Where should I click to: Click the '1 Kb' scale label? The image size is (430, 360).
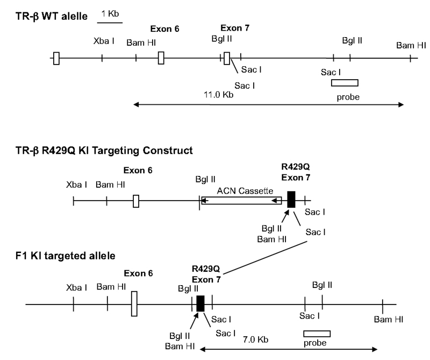coord(110,13)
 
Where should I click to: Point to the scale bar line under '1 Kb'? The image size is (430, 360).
coord(110,23)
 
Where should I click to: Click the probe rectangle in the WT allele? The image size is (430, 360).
coord(345,82)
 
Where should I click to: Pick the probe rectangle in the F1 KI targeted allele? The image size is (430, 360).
coord(317,334)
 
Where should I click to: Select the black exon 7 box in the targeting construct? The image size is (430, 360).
coord(291,200)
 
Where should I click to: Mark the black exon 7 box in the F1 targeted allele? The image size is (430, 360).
coord(200,303)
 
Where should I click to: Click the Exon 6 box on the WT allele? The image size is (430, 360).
coord(161,58)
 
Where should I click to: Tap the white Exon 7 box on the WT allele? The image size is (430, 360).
coord(227,58)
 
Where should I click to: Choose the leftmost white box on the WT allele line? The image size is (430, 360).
coord(56,58)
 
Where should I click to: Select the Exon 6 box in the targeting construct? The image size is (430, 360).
coord(136,201)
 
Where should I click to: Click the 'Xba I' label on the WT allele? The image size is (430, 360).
coord(104,41)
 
